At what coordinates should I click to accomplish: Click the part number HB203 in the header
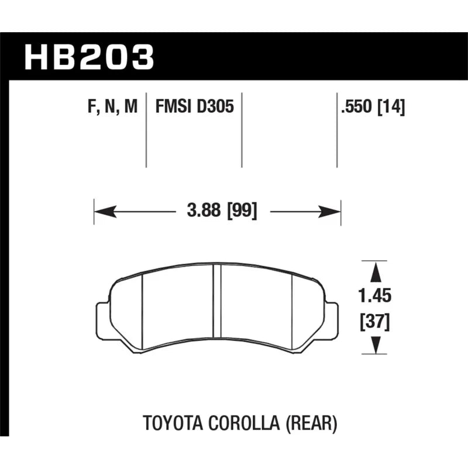coord(89,57)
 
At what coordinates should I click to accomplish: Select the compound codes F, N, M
coord(112,106)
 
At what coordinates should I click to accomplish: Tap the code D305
coord(215,106)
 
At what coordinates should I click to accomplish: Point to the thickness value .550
coord(357,106)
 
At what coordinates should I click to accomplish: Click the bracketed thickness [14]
coord(391,106)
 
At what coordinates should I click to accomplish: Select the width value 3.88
coord(204,210)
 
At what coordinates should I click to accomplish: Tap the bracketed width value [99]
coord(242,211)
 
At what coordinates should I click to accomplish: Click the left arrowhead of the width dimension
coord(105,212)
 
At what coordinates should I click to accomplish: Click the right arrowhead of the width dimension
coord(329,212)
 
